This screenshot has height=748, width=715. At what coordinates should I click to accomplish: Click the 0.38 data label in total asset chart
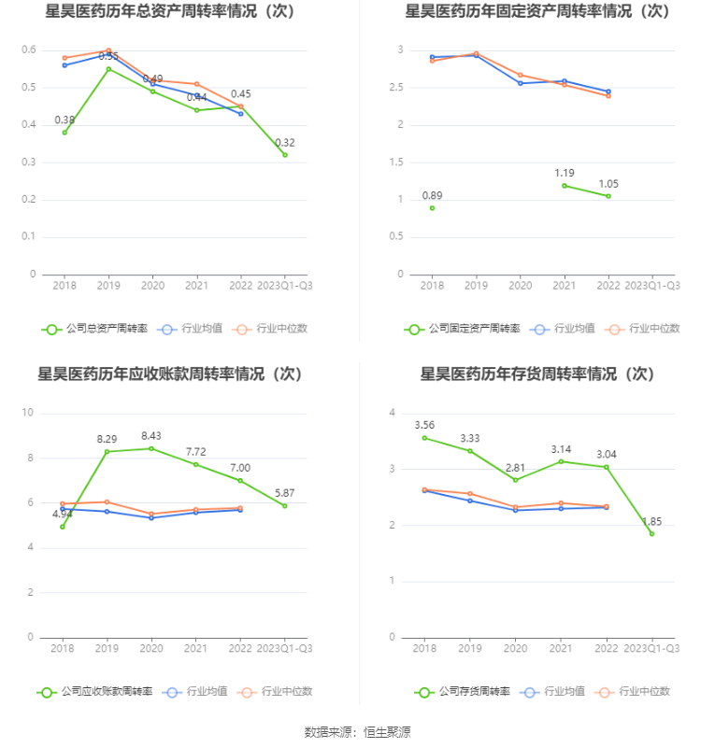[64, 120]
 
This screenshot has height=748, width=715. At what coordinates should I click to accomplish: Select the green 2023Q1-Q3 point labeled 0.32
[285, 155]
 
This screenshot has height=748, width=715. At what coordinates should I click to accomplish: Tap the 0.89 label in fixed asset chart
[432, 195]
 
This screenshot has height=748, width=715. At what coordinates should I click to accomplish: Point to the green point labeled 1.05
[608, 196]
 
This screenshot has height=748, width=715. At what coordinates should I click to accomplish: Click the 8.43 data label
[150, 435]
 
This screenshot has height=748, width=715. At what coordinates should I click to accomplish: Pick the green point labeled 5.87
[285, 505]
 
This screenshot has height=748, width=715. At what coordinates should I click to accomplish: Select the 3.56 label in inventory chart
[424, 425]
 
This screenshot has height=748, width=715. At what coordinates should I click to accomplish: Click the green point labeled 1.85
[651, 533]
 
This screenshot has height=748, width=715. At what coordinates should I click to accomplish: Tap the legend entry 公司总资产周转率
[95, 329]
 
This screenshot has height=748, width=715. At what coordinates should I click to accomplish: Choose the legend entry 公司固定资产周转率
[463, 329]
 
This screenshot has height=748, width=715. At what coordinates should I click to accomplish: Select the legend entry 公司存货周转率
[463, 692]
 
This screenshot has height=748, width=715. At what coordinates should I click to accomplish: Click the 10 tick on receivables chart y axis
[28, 413]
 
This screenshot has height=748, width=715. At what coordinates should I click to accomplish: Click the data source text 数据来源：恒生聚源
[357, 732]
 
